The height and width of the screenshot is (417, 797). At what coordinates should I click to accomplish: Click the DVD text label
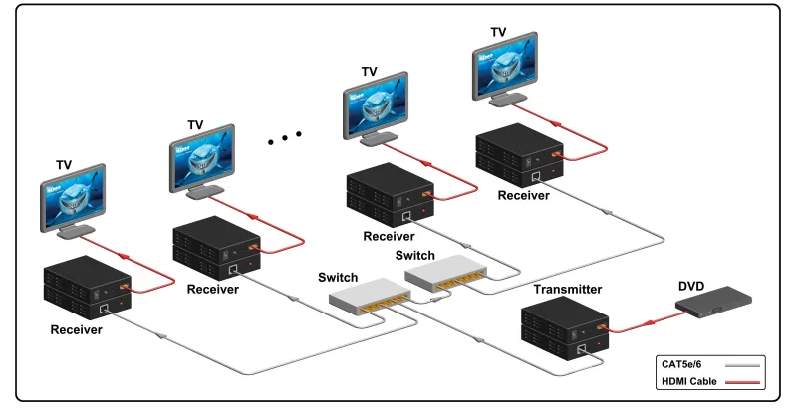(x=691, y=287)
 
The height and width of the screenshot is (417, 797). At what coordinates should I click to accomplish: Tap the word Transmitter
(x=566, y=290)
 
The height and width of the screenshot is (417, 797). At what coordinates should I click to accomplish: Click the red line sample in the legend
(x=741, y=383)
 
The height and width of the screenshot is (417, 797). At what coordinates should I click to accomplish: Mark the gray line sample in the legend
(x=741, y=365)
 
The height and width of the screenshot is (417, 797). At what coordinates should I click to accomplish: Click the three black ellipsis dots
(x=284, y=138)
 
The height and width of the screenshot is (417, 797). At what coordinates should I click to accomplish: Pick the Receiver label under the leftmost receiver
(x=76, y=330)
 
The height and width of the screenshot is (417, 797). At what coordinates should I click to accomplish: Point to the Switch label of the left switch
(x=338, y=276)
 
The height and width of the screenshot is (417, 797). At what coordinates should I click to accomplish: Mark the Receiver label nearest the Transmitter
(x=524, y=196)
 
